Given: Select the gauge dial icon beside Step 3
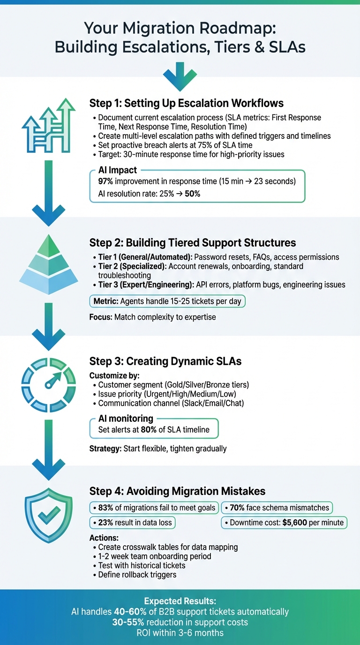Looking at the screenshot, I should click(x=48, y=383).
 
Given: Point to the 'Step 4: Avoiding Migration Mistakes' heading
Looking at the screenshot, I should click(x=177, y=491).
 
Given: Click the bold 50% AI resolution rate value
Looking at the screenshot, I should click(x=192, y=193).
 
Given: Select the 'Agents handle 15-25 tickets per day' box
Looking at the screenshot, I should click(x=167, y=301).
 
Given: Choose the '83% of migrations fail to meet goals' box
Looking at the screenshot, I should click(x=153, y=507).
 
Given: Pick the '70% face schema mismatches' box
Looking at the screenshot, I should click(x=277, y=507).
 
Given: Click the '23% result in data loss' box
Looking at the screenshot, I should click(x=132, y=523).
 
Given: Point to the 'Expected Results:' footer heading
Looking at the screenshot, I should click(x=180, y=601).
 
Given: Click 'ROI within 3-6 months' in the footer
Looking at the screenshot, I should click(x=180, y=633).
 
